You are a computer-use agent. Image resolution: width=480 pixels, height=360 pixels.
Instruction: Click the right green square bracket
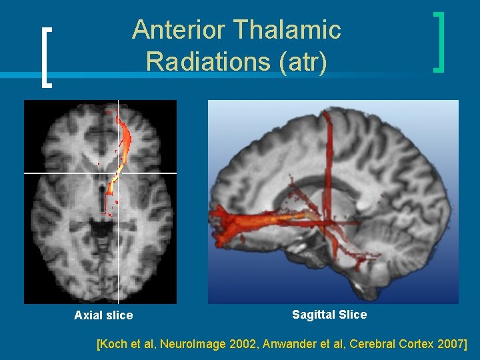(x=439, y=41)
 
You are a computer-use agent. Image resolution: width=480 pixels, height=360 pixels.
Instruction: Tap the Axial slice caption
(x=103, y=315)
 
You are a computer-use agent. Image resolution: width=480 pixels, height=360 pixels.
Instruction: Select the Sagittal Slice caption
(x=329, y=314)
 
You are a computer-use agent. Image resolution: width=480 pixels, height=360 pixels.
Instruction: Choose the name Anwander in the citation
(x=312, y=344)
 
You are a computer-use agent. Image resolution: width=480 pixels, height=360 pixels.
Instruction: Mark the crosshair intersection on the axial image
(x=118, y=173)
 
